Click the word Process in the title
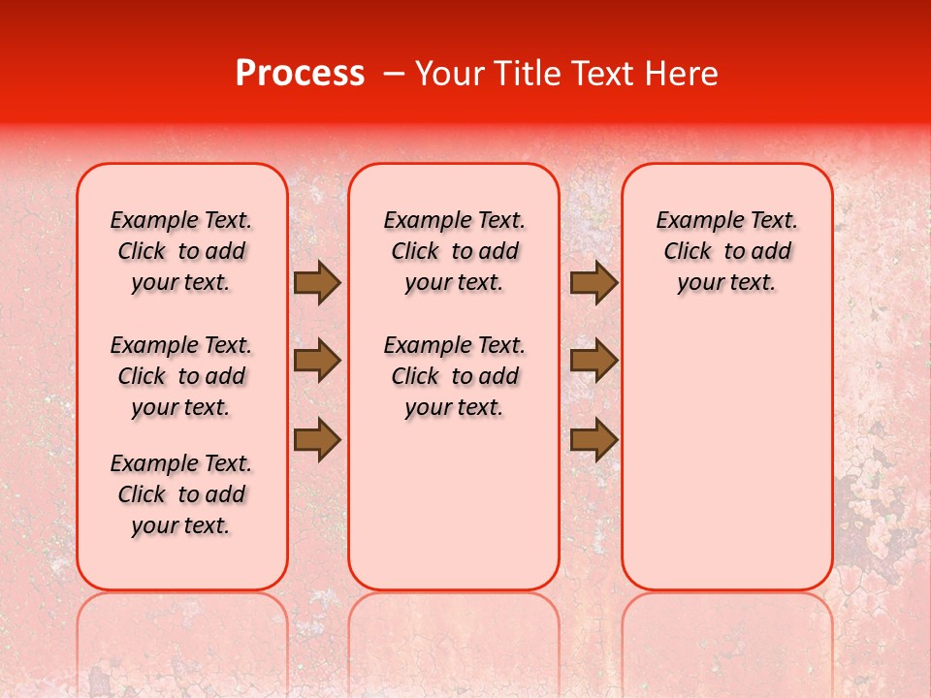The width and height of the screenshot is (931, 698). [299, 74]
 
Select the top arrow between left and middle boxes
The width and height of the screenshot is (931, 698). [316, 282]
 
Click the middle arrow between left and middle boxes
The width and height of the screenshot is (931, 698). [316, 361]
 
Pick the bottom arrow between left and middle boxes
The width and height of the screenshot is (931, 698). [316, 440]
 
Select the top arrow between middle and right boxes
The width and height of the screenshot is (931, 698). [594, 282]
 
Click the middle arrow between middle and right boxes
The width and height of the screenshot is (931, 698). [594, 361]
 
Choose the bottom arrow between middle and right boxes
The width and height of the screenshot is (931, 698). [594, 440]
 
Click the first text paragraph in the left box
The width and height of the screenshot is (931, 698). [181, 251]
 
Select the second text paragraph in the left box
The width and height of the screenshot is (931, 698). [181, 376]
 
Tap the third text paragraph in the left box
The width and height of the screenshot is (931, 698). [181, 494]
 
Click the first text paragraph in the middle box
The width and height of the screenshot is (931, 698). [454, 251]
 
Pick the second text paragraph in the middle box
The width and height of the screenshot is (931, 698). [454, 376]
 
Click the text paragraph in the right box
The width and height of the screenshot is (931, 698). [726, 251]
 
